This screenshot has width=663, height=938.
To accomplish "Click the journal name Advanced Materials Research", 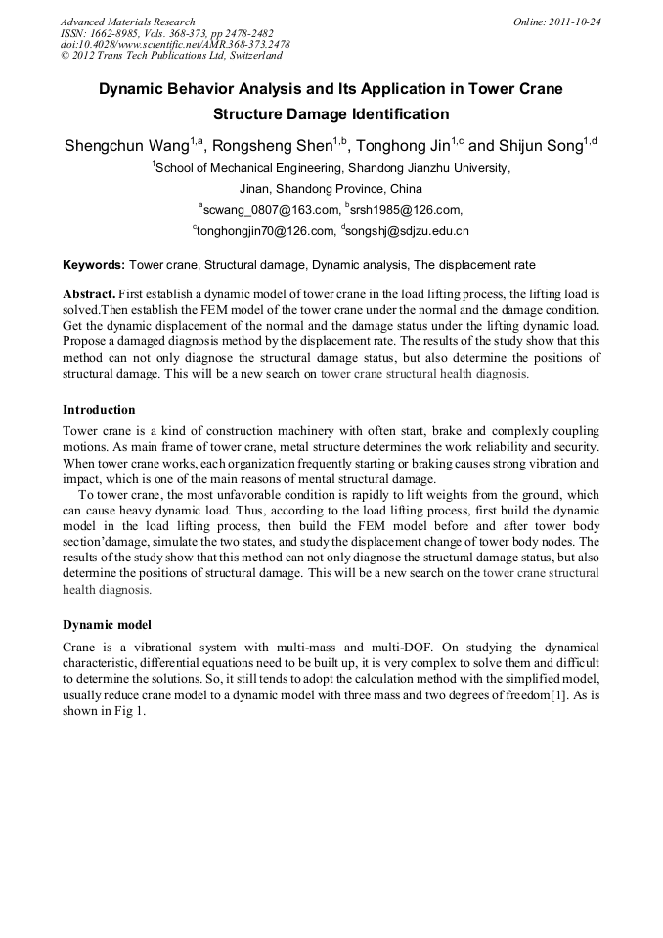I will tap(127, 22).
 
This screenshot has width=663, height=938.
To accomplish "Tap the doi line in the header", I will tap(175, 44).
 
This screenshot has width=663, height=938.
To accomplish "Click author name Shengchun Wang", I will tap(126, 147).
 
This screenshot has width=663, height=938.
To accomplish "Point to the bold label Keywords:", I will tap(94, 265).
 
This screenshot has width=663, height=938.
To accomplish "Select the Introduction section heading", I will tap(99, 409).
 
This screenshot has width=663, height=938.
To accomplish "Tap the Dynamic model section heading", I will tap(107, 624).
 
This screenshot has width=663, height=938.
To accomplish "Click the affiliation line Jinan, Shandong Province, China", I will tap(331, 189).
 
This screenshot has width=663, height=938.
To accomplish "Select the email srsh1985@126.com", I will tap(407, 210).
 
